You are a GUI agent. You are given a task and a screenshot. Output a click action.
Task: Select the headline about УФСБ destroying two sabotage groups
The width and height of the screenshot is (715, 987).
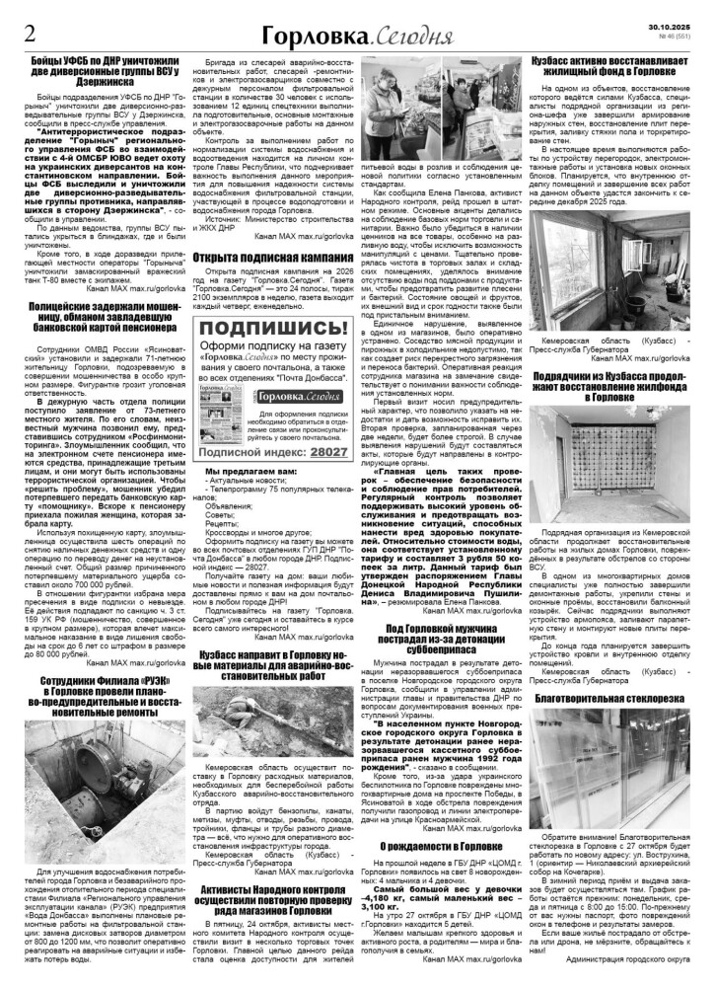coord(106,78)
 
